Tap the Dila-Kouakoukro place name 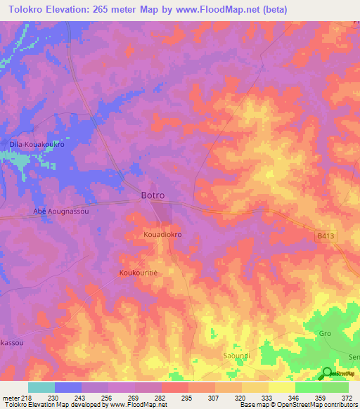click(x=37, y=144)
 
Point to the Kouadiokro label click(x=162, y=235)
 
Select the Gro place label click(x=325, y=333)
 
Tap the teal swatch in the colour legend click(x=41, y=387)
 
